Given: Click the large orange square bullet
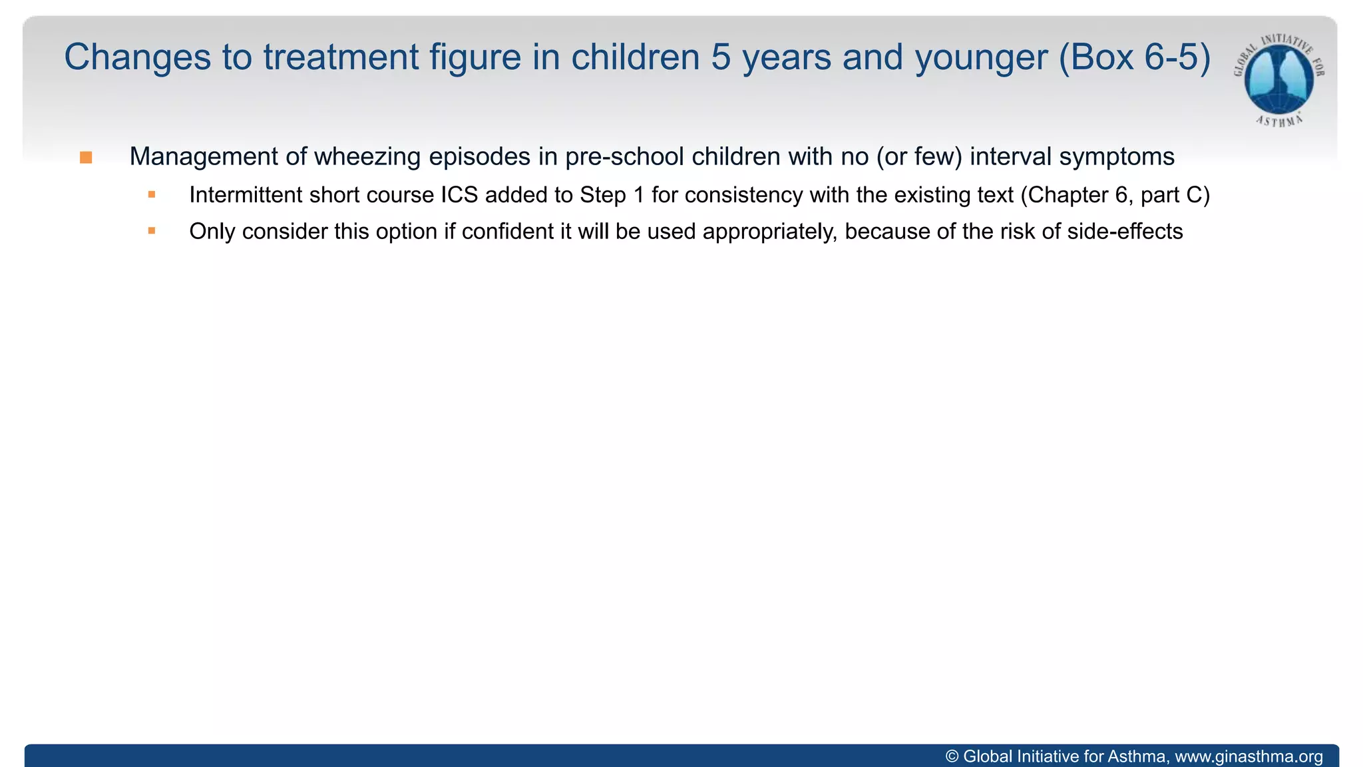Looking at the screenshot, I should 86,158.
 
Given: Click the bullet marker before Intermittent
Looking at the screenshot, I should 152,194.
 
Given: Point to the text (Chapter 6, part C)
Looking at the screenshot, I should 1115,195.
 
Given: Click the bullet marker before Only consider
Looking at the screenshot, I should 152,231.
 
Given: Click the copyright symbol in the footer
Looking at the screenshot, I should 952,757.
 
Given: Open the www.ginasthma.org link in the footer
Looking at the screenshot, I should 1249,757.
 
